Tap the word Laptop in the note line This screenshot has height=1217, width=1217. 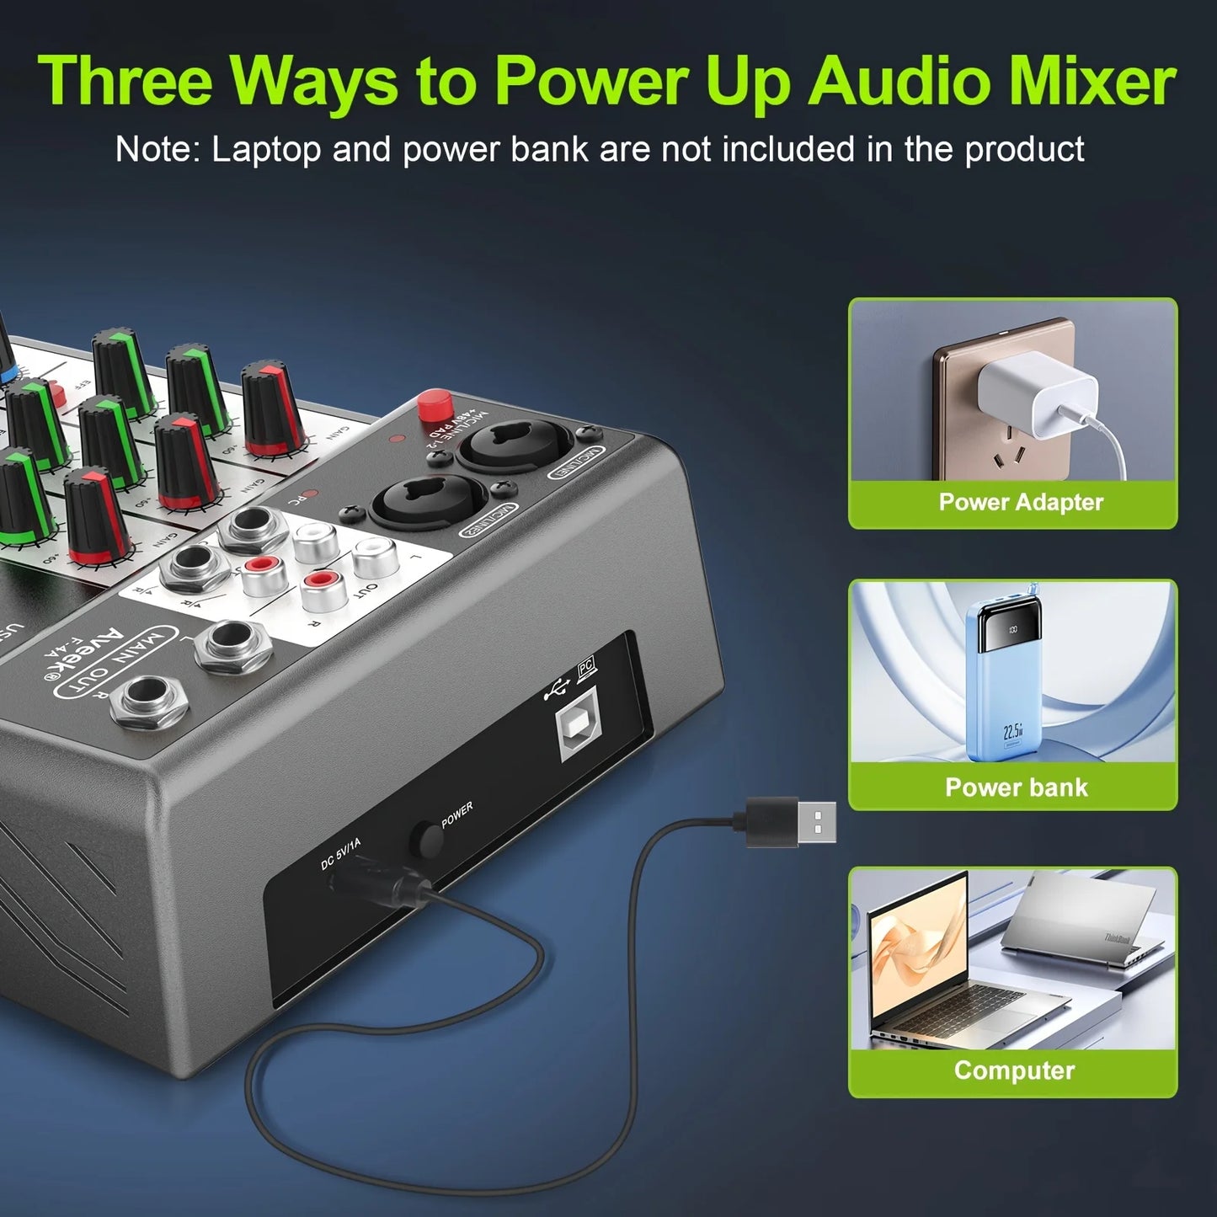(266, 150)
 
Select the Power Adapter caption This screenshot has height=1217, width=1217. (1020, 502)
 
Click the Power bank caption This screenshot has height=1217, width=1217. (1016, 787)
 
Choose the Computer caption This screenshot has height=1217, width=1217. (1013, 1070)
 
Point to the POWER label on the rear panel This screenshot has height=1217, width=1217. (456, 814)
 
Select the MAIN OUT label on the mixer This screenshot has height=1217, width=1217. (115, 663)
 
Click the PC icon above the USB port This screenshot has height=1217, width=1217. (586, 669)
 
